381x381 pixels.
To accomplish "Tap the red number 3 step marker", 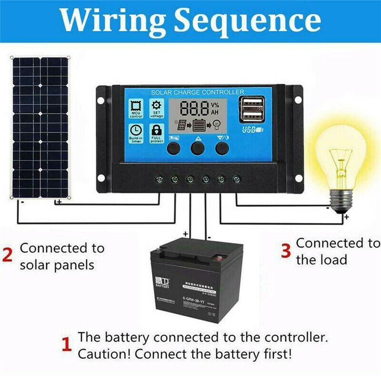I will (x=285, y=251).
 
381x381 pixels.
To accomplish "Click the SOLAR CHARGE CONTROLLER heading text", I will (x=198, y=91).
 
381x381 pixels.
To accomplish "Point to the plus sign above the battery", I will (x=185, y=234).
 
